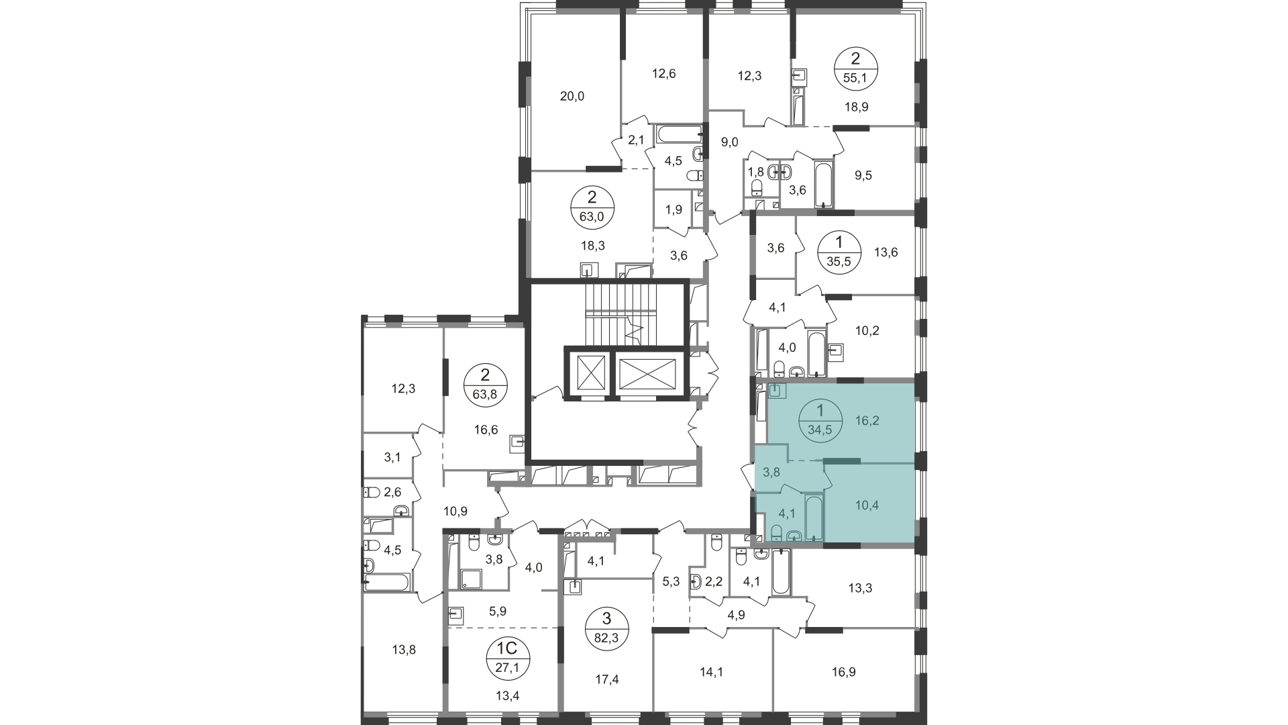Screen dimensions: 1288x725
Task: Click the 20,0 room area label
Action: pos(572,96)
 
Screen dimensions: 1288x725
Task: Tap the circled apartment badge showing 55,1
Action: pos(855,67)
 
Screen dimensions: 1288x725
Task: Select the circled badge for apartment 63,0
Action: pos(592,207)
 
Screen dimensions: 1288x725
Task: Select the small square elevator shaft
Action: pos(587,373)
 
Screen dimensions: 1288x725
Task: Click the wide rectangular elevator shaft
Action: pos(647,373)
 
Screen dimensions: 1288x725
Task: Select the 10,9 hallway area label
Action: pos(455,511)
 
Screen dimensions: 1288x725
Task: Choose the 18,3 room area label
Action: pos(593,246)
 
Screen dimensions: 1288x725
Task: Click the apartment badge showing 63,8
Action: pos(486,383)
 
